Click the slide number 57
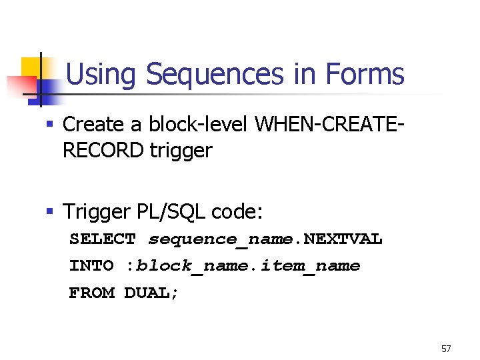pos(446,349)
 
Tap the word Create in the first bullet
pos(93,124)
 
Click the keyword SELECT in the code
pos(103,239)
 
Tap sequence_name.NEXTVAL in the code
pos(265,239)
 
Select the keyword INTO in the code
pos(91,265)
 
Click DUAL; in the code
pos(152,292)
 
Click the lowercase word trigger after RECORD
pos(181,151)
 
